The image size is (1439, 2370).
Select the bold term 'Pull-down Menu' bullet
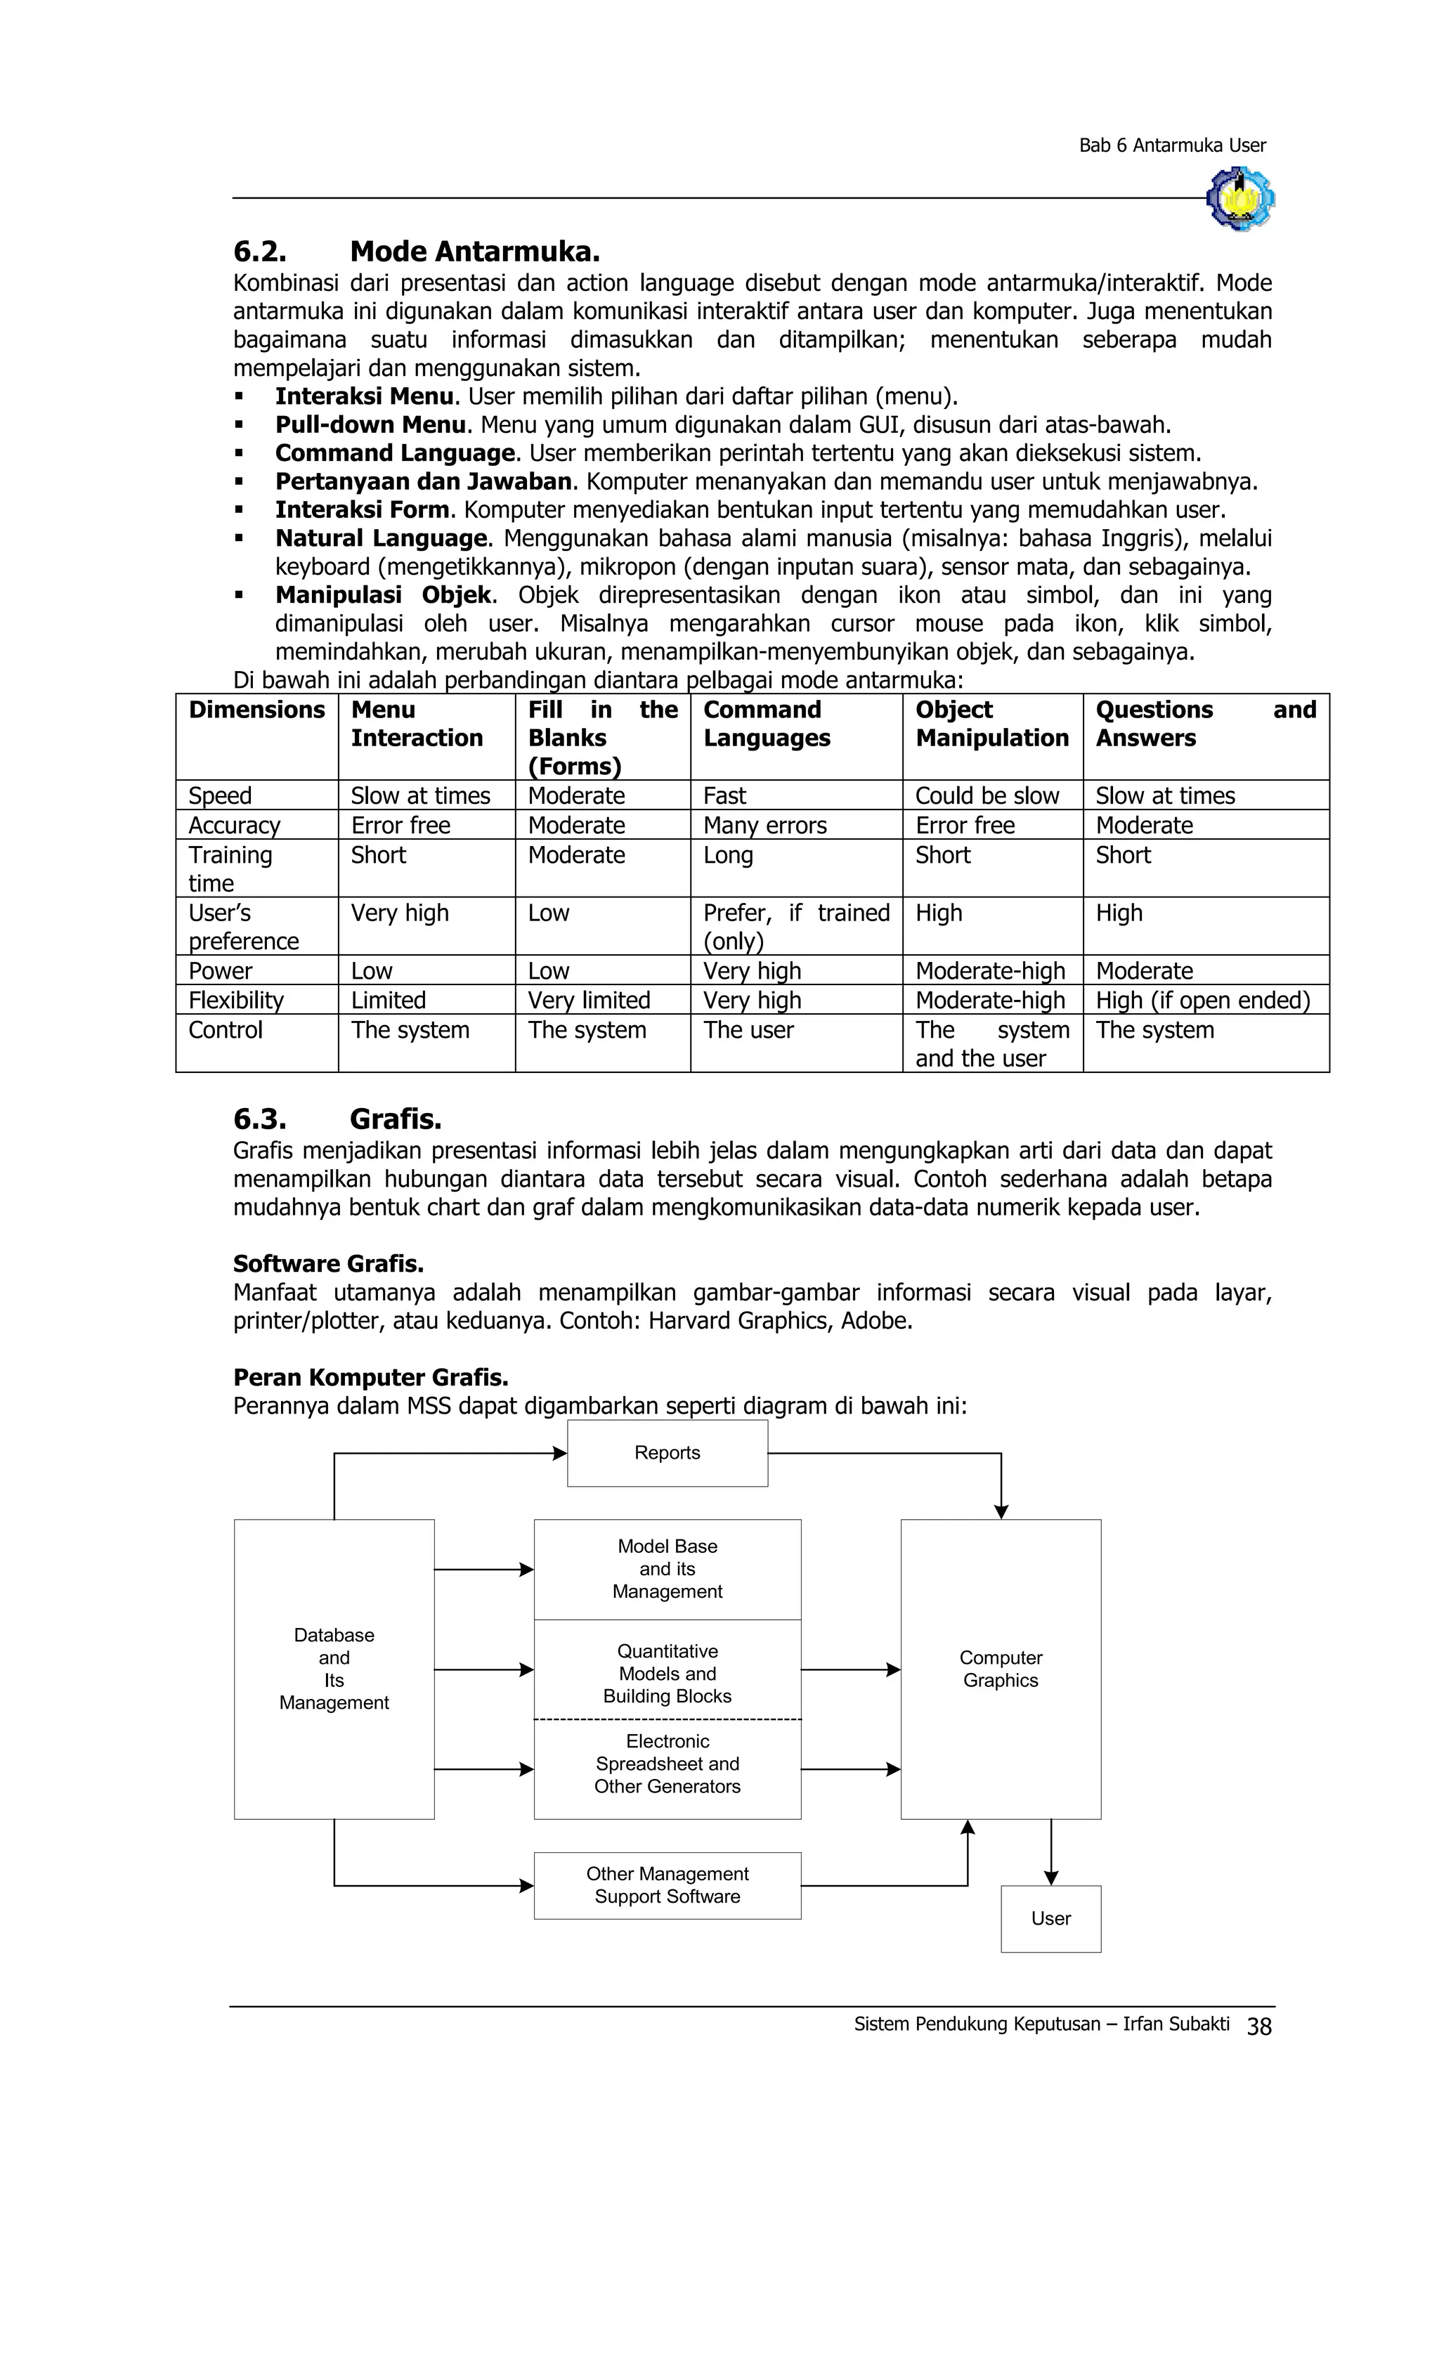click(370, 424)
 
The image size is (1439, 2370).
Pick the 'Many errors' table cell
click(764, 826)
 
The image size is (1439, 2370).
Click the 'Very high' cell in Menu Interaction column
click(399, 913)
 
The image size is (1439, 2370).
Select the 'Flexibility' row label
click(235, 1001)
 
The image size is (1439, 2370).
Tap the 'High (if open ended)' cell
click(1202, 1001)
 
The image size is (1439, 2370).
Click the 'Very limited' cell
click(589, 1001)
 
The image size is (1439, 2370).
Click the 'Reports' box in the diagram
click(667, 1452)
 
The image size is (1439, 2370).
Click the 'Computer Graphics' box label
click(1001, 1669)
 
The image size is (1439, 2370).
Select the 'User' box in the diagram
click(1050, 1919)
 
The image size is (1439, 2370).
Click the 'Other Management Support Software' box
click(667, 1885)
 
